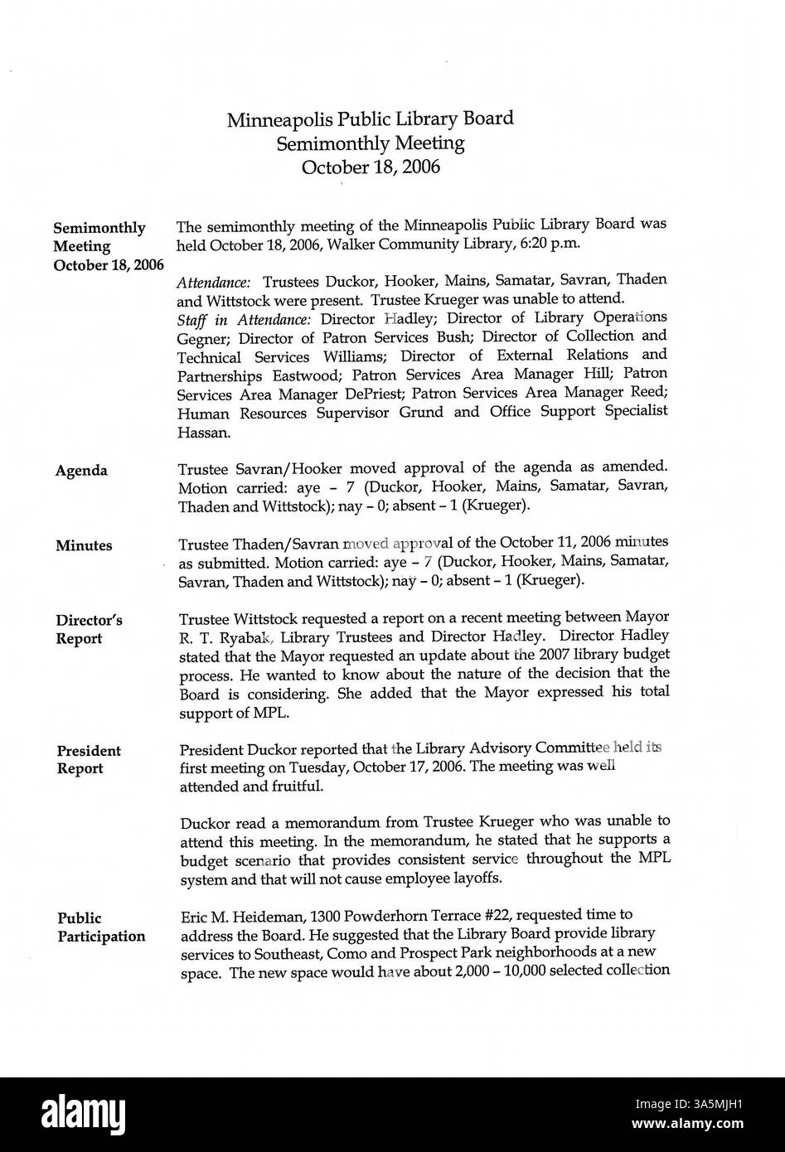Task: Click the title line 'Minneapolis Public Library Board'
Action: (371, 119)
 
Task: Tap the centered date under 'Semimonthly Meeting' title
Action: (371, 167)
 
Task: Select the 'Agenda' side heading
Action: (81, 471)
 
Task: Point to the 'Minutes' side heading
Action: (84, 545)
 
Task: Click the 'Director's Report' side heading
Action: (89, 629)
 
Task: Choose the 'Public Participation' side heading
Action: (100, 927)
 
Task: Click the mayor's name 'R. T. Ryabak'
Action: (221, 637)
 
